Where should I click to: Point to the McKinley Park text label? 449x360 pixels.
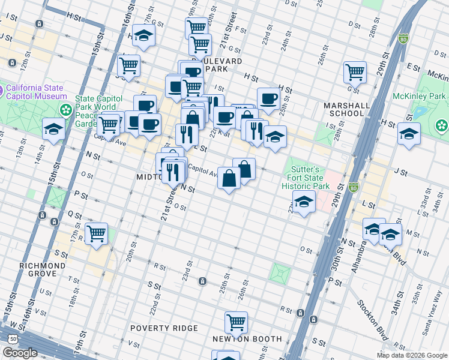coord(419,96)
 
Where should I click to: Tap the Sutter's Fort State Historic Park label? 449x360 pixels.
coord(306,178)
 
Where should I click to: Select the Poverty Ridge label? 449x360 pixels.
coord(164,328)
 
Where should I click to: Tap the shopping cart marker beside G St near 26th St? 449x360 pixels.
coord(355,72)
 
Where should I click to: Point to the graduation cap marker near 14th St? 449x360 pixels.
coord(53,128)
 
